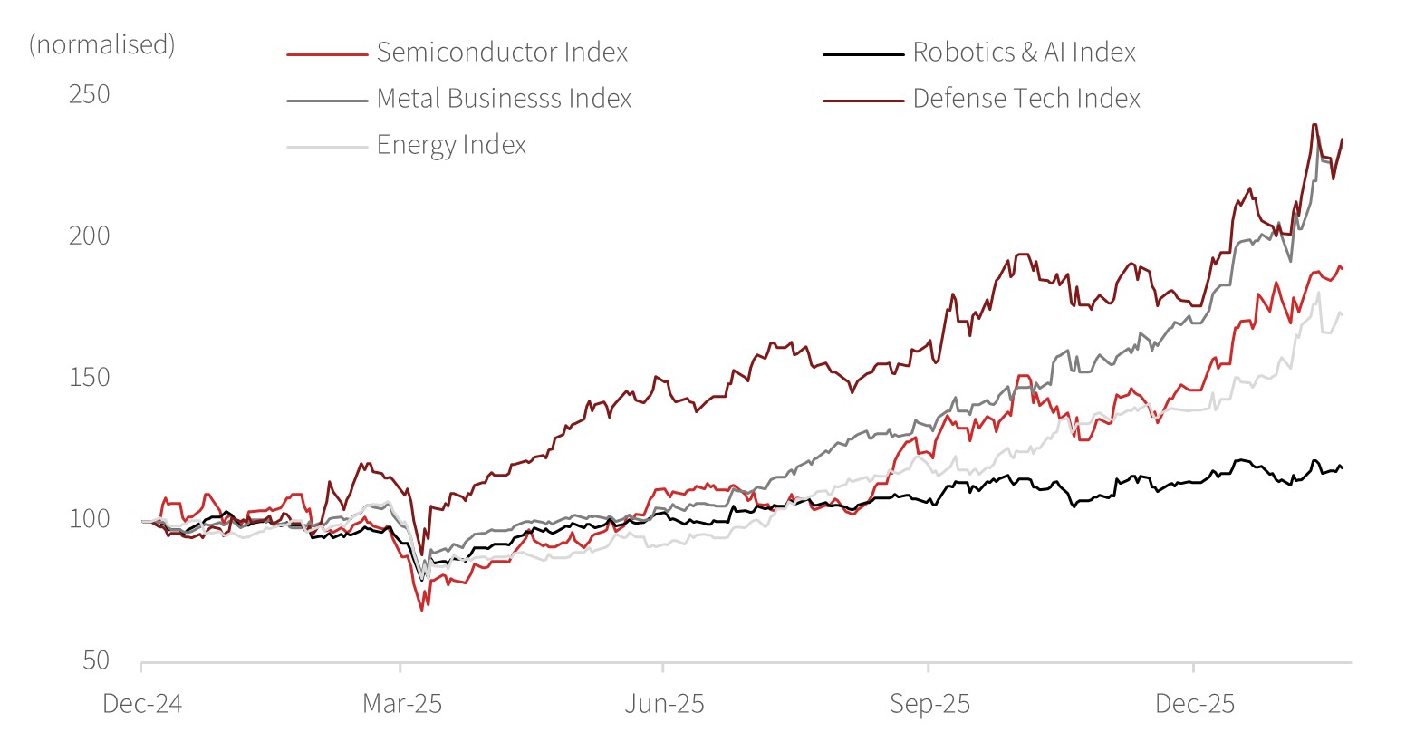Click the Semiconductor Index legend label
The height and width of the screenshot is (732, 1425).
click(502, 53)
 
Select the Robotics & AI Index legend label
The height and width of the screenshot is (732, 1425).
click(1024, 53)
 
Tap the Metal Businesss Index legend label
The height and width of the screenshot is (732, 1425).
click(504, 99)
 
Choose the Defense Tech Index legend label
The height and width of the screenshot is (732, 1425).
click(1026, 99)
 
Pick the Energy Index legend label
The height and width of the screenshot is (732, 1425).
click(451, 145)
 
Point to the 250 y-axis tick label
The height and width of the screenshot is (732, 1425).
click(90, 94)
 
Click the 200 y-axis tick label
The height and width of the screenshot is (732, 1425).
click(90, 236)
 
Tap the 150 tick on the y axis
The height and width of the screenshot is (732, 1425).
click(90, 377)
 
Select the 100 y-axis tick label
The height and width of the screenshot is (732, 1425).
click(90, 518)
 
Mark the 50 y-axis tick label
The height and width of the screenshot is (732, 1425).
click(96, 660)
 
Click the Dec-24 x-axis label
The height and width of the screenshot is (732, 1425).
click(142, 704)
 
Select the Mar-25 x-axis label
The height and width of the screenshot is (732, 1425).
click(402, 704)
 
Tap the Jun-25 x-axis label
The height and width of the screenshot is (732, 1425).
click(664, 704)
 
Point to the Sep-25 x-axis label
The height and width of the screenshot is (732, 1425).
click(929, 704)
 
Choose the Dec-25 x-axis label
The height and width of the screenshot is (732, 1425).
click(1195, 704)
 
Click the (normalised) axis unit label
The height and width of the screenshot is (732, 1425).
click(102, 44)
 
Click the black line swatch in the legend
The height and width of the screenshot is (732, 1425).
click(862, 54)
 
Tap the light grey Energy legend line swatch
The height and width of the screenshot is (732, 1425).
click(327, 147)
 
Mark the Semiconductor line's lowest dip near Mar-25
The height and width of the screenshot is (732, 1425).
click(422, 610)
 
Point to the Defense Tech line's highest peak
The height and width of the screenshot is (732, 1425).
click(1314, 125)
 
